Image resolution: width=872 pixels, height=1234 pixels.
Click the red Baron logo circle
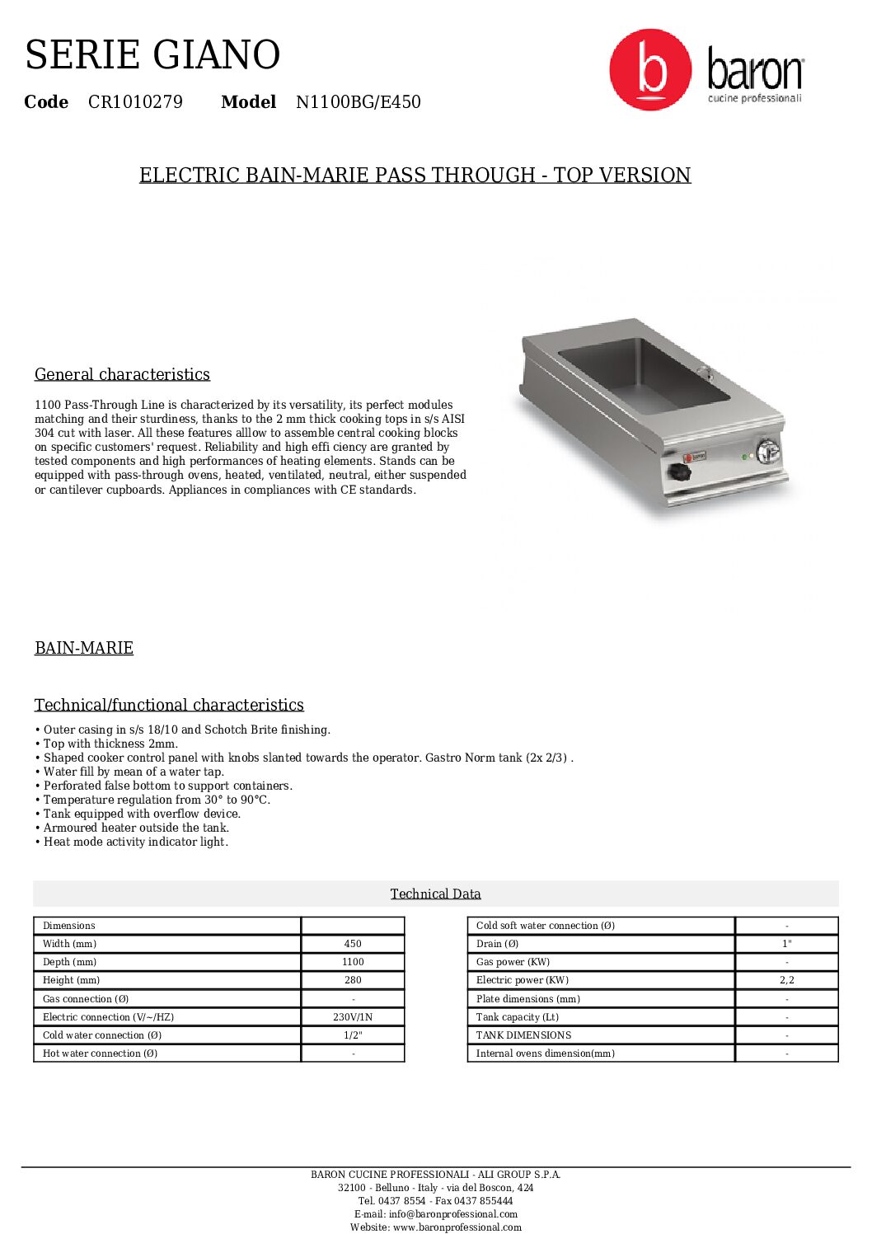tap(650, 69)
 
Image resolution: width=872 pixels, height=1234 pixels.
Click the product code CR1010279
tap(135, 102)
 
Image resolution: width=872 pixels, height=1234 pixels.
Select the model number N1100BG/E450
tap(358, 102)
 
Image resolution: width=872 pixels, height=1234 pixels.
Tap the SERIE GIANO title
tap(152, 55)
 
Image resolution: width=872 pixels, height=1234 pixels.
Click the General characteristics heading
tap(122, 374)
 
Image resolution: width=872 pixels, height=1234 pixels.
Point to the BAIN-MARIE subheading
tap(84, 648)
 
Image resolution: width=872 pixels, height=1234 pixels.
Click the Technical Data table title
tap(435, 894)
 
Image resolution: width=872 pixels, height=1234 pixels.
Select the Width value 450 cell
tap(353, 944)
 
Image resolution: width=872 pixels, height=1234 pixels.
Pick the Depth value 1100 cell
tap(353, 962)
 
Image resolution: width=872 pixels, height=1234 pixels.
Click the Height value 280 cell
tap(353, 980)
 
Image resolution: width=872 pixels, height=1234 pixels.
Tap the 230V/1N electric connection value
tap(353, 1017)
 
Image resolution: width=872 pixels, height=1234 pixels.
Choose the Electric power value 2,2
tap(786, 980)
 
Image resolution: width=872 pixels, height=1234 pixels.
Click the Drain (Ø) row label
tap(497, 944)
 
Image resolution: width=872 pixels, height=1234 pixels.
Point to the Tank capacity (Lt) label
tap(517, 1017)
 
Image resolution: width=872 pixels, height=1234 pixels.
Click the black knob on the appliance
tap(679, 473)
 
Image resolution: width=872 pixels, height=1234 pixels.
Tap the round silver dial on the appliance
tap(768, 451)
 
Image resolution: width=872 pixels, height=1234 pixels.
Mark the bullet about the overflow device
tap(142, 814)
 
